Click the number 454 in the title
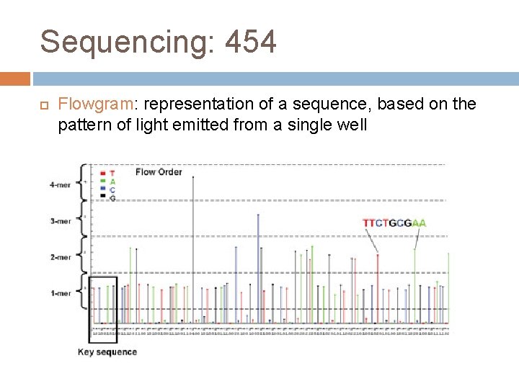(x=250, y=42)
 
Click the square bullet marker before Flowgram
(x=44, y=104)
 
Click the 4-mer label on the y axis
(x=60, y=184)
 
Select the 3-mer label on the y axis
(x=60, y=221)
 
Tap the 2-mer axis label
(x=60, y=257)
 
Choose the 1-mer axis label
(x=60, y=293)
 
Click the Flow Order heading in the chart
(x=159, y=171)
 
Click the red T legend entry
(x=108, y=174)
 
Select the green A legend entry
(x=108, y=182)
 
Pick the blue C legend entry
(x=108, y=189)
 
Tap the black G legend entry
(x=108, y=197)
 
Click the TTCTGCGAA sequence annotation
(x=394, y=223)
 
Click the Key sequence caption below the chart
(x=107, y=352)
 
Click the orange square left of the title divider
(x=15, y=79)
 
